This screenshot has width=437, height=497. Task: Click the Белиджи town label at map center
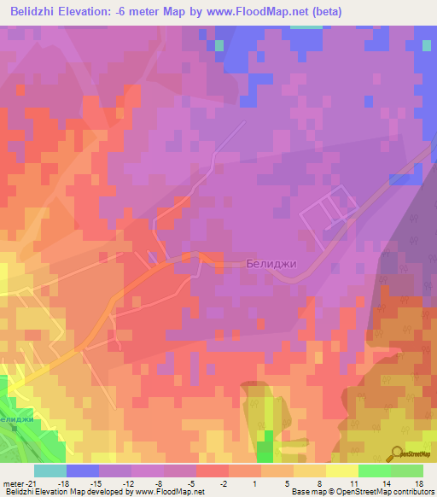pos(271,264)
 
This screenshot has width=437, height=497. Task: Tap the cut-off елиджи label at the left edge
pos(17,420)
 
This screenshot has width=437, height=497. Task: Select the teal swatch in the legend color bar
pos(50,471)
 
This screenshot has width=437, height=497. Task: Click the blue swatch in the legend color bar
pos(82,471)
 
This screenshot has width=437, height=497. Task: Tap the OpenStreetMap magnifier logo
pos(397,453)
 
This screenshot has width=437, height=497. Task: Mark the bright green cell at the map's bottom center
pos(265,445)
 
